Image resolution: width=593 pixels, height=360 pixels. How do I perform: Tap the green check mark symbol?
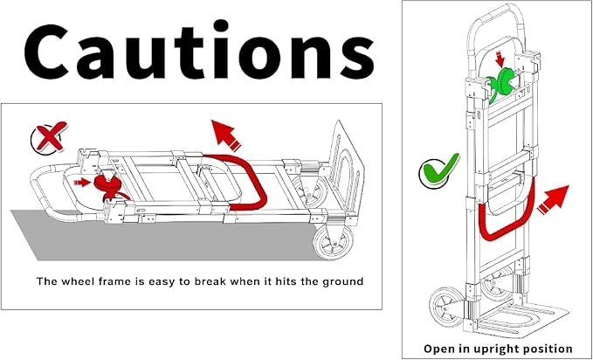[x=439, y=172]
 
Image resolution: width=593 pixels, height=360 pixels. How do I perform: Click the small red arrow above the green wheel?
[x=500, y=59]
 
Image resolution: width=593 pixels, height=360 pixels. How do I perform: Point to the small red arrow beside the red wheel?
[x=82, y=183]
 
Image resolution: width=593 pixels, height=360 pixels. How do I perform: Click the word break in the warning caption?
[x=210, y=281]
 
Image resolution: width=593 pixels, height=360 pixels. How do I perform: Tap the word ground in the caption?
[x=342, y=282]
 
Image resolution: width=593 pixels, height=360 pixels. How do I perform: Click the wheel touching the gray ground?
[x=334, y=242]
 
